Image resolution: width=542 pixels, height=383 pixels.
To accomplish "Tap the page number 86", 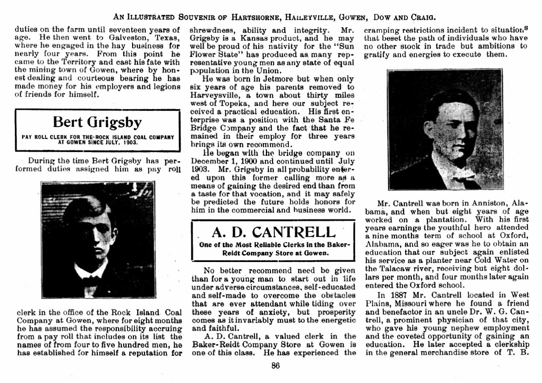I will tap(275, 365).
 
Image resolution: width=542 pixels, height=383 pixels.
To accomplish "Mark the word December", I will tap(210, 161).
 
